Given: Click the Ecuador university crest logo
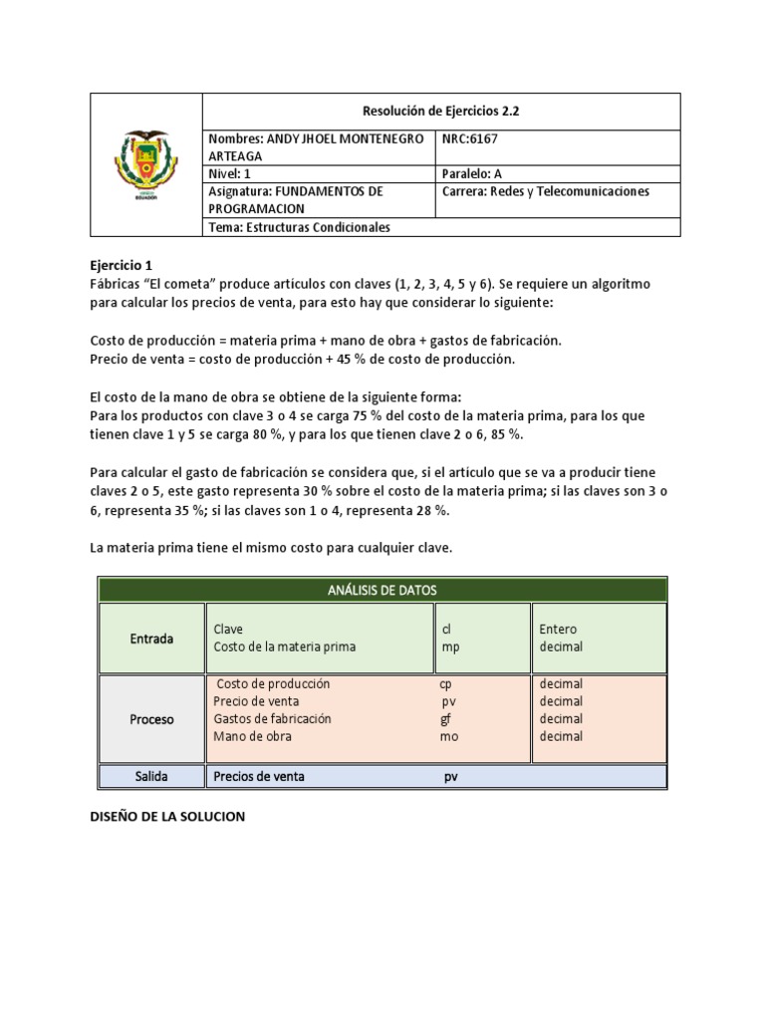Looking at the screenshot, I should (145, 164).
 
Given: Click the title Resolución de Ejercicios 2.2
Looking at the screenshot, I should (441, 112).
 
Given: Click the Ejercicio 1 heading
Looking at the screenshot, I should (121, 266).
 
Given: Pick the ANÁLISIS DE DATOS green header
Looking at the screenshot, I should (382, 590).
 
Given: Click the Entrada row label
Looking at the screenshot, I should (151, 637).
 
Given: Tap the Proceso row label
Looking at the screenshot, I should (151, 718).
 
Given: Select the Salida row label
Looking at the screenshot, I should (151, 775).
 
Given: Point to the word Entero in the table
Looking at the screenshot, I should (558, 629).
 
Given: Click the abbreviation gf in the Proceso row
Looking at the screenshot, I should (446, 718).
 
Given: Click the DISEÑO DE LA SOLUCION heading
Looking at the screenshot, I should (167, 816).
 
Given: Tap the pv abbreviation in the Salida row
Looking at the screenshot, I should (450, 775).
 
